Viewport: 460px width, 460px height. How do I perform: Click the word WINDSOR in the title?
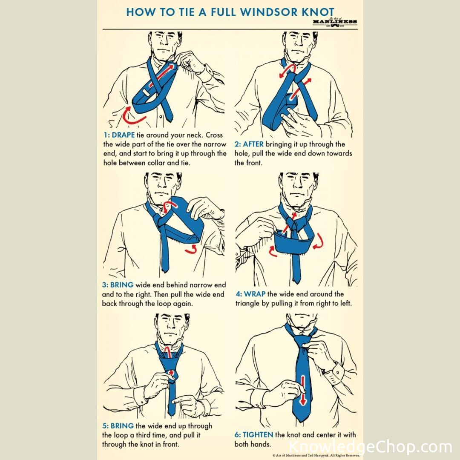(269, 12)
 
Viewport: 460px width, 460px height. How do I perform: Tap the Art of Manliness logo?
(335, 22)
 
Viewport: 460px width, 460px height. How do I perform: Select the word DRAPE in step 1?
(123, 135)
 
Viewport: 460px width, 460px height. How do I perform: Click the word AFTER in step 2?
(253, 144)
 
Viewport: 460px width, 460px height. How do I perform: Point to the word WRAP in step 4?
(255, 294)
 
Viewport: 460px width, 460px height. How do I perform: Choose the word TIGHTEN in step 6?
(258, 435)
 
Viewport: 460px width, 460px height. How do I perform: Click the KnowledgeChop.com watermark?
(370, 447)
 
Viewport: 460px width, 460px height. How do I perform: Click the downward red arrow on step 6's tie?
(303, 390)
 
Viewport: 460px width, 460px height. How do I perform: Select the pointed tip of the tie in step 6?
(302, 422)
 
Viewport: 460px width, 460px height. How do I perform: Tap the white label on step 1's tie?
(146, 92)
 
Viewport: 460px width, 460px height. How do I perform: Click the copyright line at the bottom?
(316, 455)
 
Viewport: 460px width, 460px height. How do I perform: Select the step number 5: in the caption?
(105, 425)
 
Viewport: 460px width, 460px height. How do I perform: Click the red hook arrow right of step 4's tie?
(319, 242)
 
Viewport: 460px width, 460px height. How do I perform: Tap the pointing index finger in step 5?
(178, 400)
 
